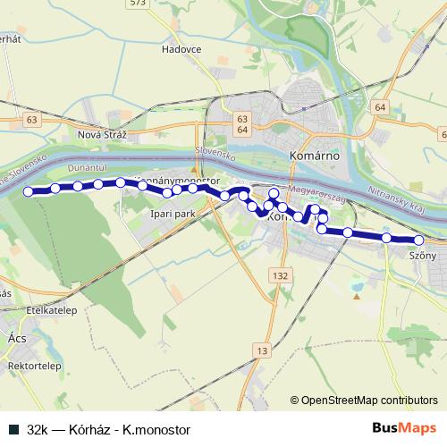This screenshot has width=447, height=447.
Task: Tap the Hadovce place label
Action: coord(182,51)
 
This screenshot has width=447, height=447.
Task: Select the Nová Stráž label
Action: coord(104,134)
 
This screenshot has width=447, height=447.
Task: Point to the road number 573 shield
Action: coord(162,4)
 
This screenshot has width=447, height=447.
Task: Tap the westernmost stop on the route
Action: coord(28,191)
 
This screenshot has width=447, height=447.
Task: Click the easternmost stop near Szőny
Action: coord(418,240)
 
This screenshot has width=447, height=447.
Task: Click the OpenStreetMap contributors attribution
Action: coord(364,401)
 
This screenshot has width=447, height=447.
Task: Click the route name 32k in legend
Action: coord(37,429)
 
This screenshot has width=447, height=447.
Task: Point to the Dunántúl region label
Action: coord(88,167)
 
